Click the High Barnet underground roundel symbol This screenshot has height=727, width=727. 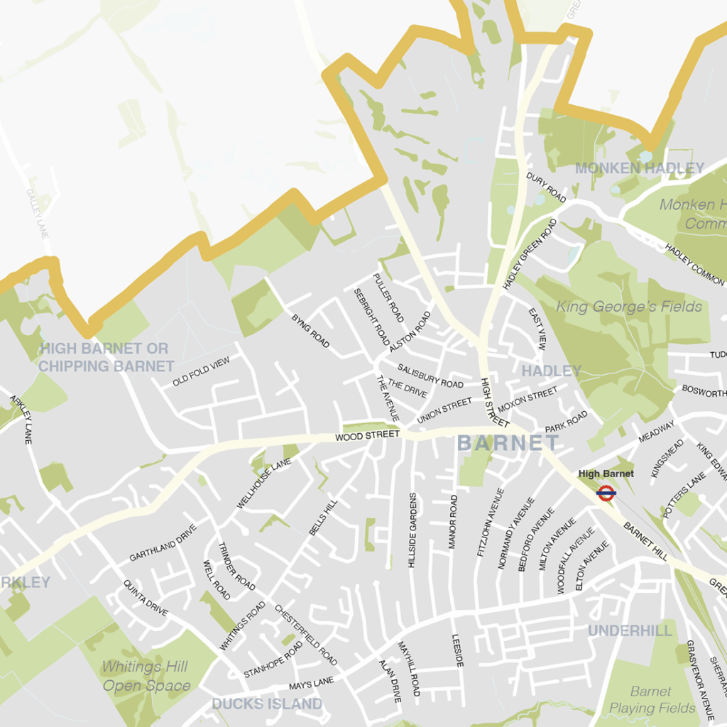[x=606, y=492]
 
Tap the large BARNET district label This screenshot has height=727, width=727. [x=508, y=444]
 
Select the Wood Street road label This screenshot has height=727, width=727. [x=367, y=436]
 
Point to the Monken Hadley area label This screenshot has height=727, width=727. [x=639, y=168]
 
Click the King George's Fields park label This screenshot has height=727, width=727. [x=629, y=307]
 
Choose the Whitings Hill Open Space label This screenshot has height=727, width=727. [x=146, y=676]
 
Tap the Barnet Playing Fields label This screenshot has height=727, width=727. [x=652, y=699]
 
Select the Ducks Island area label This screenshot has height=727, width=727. [x=267, y=704]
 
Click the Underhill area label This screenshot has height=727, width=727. [x=630, y=630]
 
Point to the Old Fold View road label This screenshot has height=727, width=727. [x=202, y=372]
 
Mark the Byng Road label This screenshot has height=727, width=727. [x=310, y=331]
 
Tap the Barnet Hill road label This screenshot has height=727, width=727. [x=645, y=542]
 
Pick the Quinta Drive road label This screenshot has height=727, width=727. [x=146, y=598]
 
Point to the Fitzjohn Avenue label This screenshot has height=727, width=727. [x=490, y=522]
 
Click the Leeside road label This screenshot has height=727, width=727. [x=458, y=650]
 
